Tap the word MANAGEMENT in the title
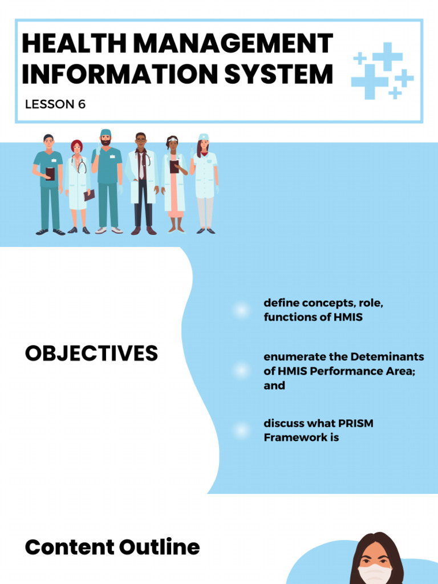coord(233,43)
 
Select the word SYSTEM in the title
coord(278,74)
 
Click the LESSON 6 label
coord(55,104)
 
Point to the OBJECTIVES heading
coord(91,352)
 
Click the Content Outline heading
coord(112,547)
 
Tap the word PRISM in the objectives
coord(355,424)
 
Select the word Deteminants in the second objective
coord(387,357)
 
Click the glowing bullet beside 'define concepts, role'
coord(241,310)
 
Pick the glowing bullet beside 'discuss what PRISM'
coord(241,430)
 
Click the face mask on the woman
coord(375,574)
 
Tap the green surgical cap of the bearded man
coord(106,132)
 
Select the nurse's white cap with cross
coord(204,137)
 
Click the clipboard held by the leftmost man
coord(50,174)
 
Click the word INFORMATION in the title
coord(120,74)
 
